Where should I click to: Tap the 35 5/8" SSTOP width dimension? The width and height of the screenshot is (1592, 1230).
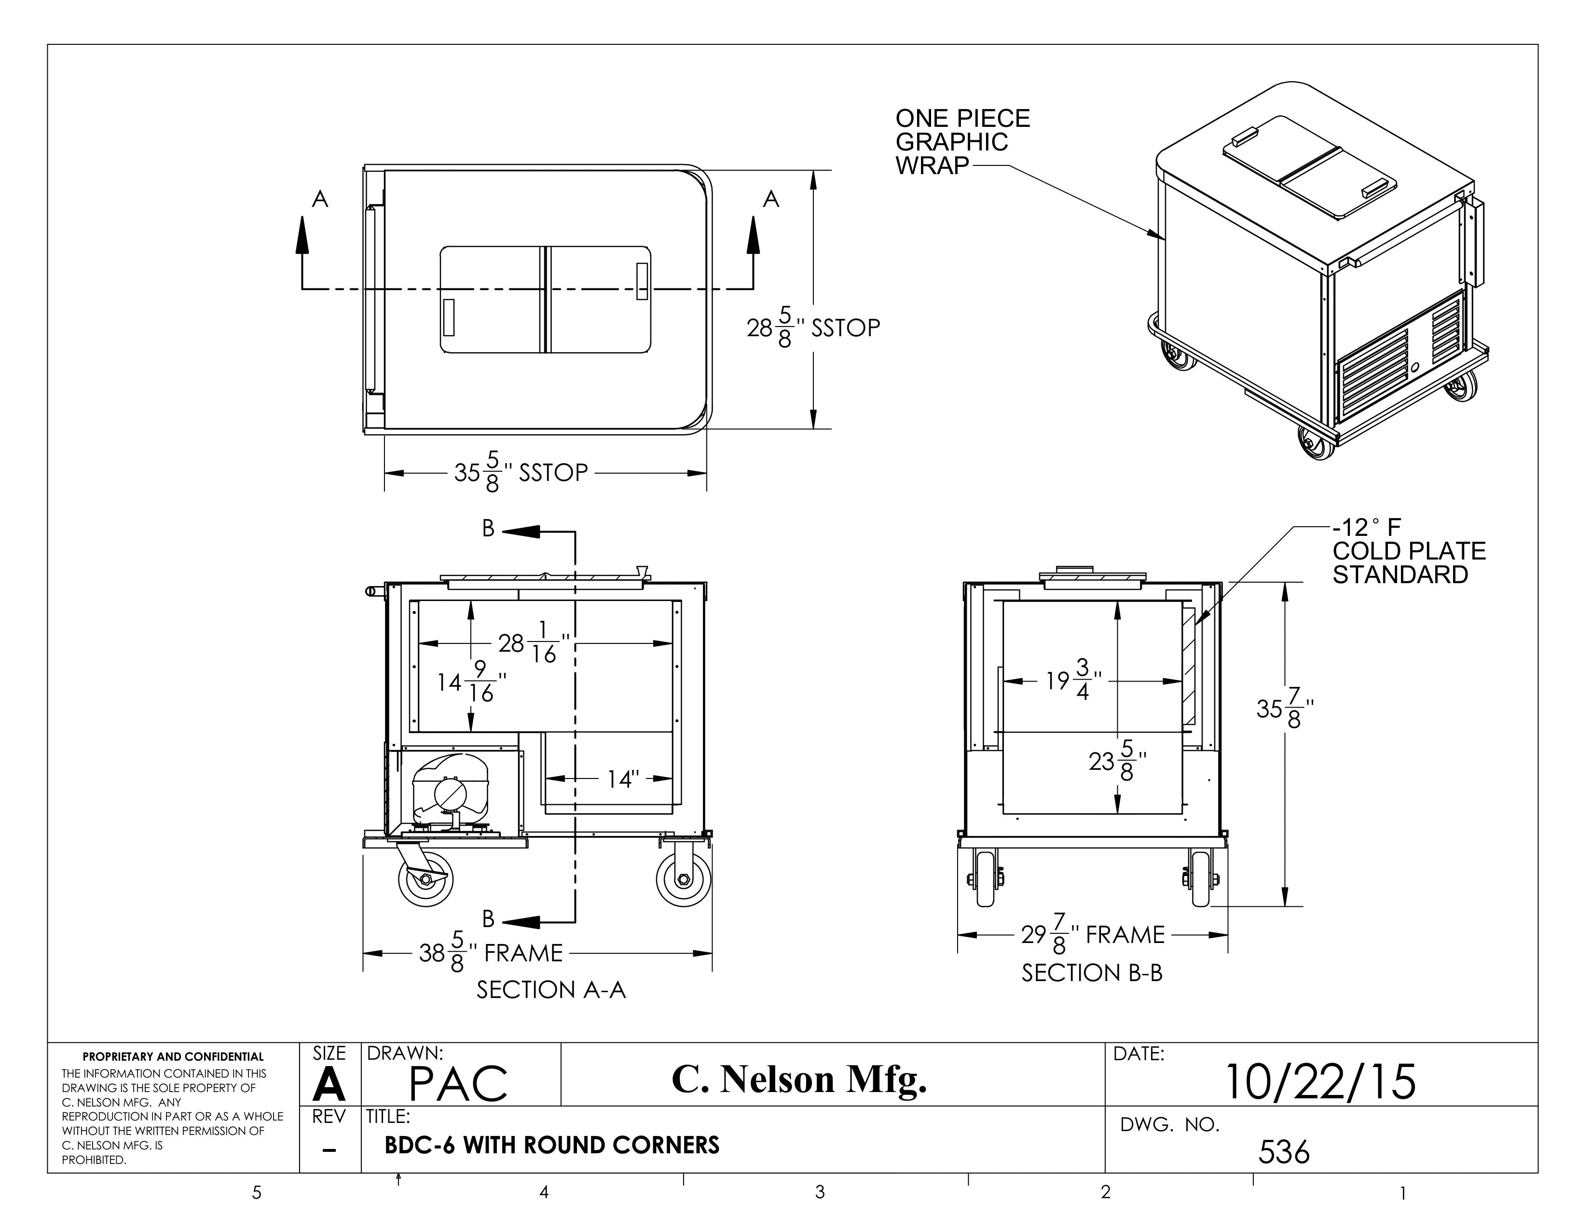521,473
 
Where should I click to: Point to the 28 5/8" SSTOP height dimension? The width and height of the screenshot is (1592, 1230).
813,328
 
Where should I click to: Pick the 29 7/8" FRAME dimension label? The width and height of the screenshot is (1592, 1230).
1092,935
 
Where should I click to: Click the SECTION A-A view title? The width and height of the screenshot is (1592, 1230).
551,989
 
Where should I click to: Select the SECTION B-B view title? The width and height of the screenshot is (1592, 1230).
1091,973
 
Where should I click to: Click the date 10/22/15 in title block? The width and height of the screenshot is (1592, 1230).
1320,1081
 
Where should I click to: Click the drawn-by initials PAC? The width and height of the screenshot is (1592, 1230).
458,1083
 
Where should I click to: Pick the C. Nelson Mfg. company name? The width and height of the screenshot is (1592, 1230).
799,1079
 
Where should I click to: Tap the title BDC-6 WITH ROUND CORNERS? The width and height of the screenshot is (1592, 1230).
552,1145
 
